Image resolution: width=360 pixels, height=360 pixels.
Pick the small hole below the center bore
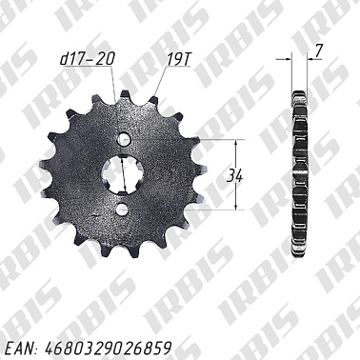(122, 209)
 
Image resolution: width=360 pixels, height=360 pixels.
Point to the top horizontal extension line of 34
(214, 140)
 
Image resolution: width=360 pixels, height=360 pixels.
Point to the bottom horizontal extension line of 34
(214, 210)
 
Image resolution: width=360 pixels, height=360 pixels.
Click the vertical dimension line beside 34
(235, 174)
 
